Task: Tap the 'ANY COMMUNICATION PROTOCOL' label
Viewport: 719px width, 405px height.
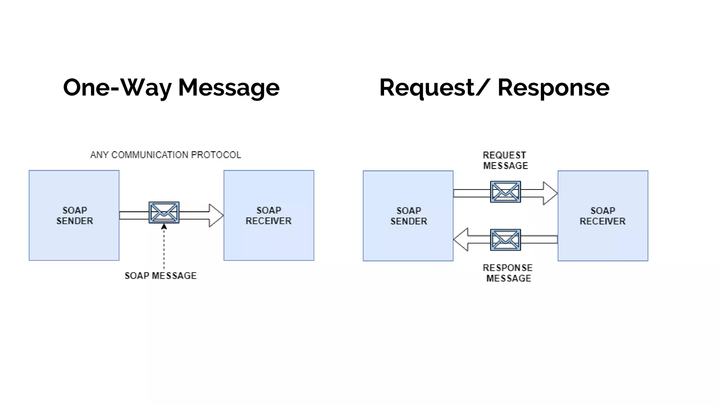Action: pyautogui.click(x=165, y=155)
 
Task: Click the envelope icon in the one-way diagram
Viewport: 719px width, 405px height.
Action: pyautogui.click(x=164, y=212)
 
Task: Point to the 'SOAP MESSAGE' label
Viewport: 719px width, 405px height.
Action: pyautogui.click(x=160, y=276)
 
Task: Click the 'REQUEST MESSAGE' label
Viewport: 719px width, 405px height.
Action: pyautogui.click(x=505, y=160)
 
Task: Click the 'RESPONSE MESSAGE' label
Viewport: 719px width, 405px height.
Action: pyautogui.click(x=508, y=273)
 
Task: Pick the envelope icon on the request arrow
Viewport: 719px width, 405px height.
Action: pyautogui.click(x=505, y=192)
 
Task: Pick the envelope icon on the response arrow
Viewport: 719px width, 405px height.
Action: pyautogui.click(x=505, y=240)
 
